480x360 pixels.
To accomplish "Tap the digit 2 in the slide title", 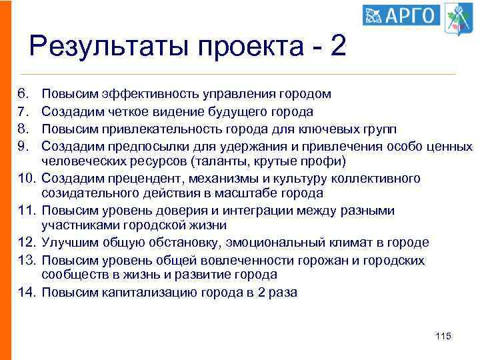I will pos(338,47).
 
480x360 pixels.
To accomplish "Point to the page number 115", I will pos(443,336).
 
